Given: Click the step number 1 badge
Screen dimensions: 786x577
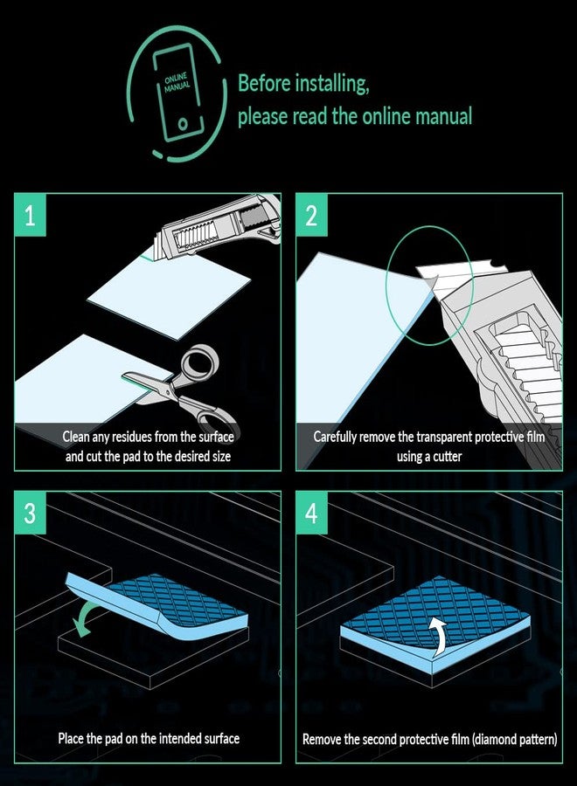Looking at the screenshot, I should tap(31, 216).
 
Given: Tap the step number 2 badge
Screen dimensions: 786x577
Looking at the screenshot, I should tap(312, 216).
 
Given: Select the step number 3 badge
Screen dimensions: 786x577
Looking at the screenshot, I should tap(31, 514).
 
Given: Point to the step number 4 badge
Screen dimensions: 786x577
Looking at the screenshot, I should tap(312, 514).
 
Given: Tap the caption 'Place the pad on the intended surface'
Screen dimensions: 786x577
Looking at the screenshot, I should tap(149, 739).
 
